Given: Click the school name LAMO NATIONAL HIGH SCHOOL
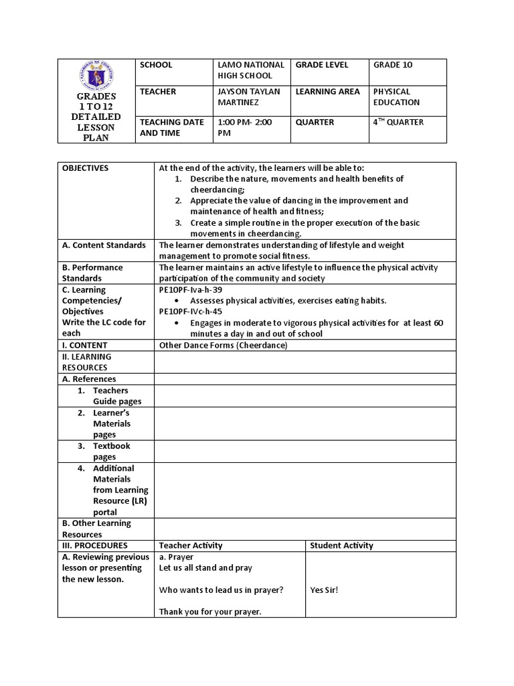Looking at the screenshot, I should (x=251, y=70).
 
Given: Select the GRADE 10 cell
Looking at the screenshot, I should (x=393, y=65).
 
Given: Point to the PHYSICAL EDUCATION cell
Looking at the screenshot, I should (x=396, y=97).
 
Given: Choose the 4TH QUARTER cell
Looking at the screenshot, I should (x=398, y=122).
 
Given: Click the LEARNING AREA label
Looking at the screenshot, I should (x=327, y=92).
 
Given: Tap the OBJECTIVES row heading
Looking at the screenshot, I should (x=85, y=168).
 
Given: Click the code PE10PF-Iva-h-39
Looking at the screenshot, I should (x=190, y=289).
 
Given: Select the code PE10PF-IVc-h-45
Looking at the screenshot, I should (x=191, y=312).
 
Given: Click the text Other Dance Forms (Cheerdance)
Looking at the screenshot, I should (x=223, y=345).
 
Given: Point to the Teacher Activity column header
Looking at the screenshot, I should (x=191, y=545).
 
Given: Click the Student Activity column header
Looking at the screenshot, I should (x=341, y=545).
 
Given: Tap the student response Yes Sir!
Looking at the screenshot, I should (x=325, y=590).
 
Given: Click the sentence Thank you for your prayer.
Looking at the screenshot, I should (x=210, y=612).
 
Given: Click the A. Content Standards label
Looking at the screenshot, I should (x=104, y=245).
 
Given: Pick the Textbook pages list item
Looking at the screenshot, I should (x=111, y=451).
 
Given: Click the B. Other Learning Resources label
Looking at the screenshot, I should (x=96, y=529).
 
